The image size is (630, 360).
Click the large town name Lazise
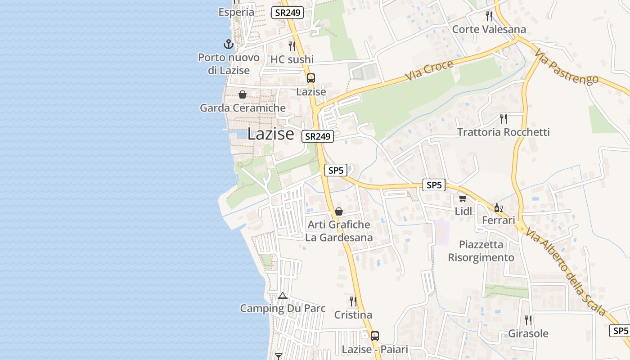[270, 134]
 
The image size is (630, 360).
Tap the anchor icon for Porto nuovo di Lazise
[229, 44]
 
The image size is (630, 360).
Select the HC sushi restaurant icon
[292, 46]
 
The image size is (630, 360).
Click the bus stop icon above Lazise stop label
[310, 78]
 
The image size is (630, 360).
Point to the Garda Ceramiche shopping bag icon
[243, 94]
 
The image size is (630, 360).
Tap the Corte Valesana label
[489, 29]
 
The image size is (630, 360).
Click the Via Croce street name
[429, 71]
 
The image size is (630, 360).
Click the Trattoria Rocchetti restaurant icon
[504, 119]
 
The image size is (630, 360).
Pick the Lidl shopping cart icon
[463, 198]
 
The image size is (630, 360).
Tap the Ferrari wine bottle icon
[498, 207]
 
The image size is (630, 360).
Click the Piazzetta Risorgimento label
[481, 251]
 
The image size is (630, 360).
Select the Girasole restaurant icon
[528, 320]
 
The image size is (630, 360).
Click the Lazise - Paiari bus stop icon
[374, 336]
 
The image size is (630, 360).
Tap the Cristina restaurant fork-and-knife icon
[353, 301]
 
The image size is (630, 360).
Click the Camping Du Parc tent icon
[283, 296]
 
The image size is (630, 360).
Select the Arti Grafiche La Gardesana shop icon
[339, 211]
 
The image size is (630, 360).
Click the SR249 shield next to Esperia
[288, 13]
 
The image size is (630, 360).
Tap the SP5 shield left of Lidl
[434, 184]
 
